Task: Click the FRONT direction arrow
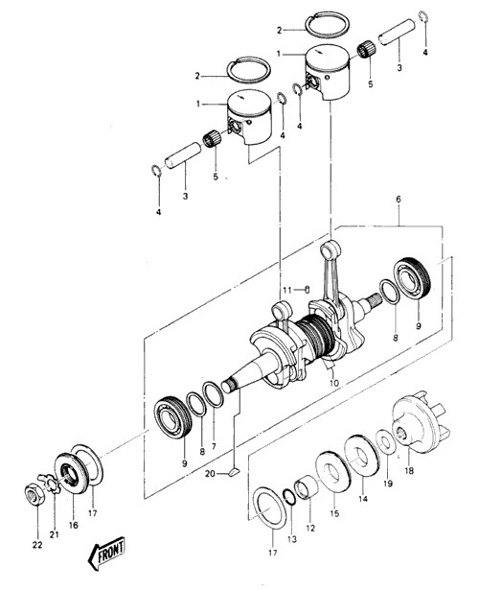[x=106, y=554]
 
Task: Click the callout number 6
[x=399, y=200]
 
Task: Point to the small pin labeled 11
[x=307, y=289]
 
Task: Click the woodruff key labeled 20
[x=234, y=472]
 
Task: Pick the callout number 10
[x=334, y=383]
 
